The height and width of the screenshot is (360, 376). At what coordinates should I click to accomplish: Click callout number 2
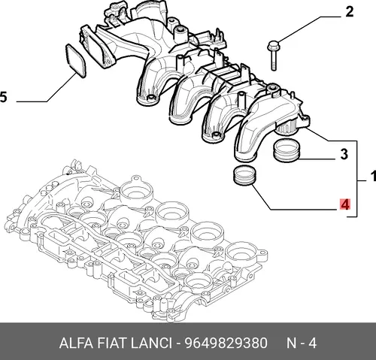point(350,12)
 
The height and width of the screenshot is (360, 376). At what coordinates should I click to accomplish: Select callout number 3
point(344,154)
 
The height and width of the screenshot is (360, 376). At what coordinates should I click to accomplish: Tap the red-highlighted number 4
point(345,205)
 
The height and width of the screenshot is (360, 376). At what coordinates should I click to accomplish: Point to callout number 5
point(3,97)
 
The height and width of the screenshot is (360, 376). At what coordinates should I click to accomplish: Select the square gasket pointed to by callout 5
point(76,61)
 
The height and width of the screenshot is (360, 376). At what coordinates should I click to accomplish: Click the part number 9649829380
point(226,343)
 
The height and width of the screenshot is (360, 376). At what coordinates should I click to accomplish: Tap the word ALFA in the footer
point(76,343)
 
